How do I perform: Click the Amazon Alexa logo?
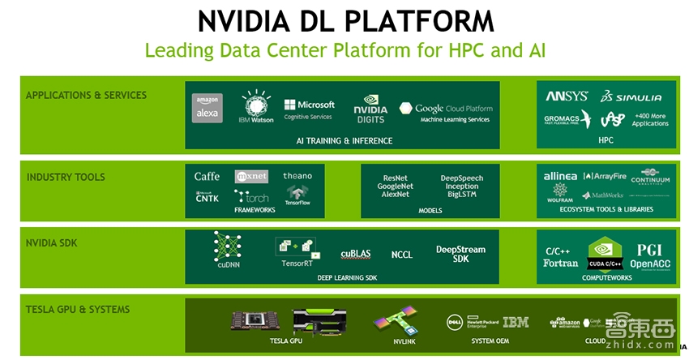pos(208,109)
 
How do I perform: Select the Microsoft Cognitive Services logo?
pos(309,109)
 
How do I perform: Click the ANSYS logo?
pos(567,96)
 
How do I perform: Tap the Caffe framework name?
pos(207,176)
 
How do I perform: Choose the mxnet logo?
pos(251,176)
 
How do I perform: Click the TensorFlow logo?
pos(297,195)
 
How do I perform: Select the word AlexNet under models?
pos(395,195)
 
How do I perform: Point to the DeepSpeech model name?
pos(462,178)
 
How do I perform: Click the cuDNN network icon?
pos(227,246)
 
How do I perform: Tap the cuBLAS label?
pos(356,254)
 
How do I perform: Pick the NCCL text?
pos(401,255)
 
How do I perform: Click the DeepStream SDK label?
pos(460,253)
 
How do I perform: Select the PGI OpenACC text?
pos(649,255)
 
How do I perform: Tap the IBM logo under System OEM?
pos(515,322)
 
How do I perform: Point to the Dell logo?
pos(455,323)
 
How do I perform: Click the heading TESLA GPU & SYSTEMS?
pos(77,310)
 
